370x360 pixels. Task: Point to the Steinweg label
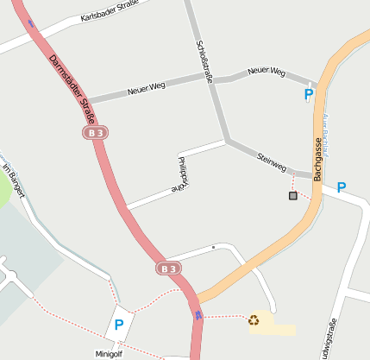coord(272,160)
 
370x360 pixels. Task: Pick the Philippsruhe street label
coord(182,173)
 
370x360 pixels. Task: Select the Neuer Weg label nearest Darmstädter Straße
coord(146,88)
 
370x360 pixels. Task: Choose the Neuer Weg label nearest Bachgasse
coord(266,73)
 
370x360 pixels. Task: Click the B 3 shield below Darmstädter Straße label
coord(95,133)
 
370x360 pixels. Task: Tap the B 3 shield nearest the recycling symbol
coord(169,268)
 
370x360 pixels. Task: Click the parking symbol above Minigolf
coord(119,325)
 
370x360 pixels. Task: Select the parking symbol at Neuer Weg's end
coord(309,95)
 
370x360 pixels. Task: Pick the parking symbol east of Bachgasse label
coord(342,186)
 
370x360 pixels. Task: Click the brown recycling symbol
coord(254,320)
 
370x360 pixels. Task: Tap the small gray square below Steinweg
coord(293,196)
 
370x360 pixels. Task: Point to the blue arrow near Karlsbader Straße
coord(32,23)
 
